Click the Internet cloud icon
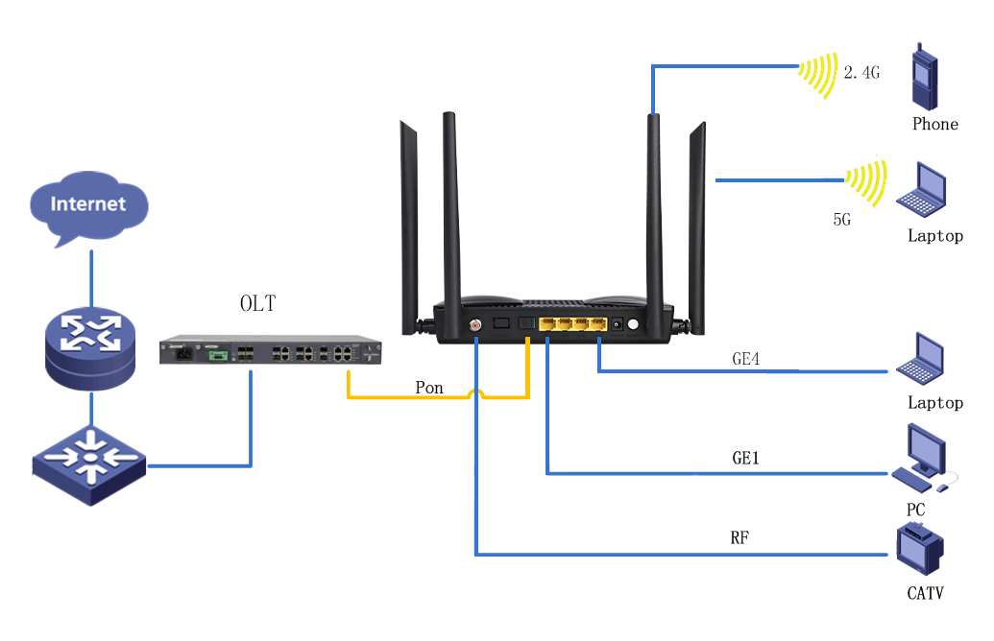coord(89,204)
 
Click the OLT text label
coord(257,304)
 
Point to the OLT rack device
coord(271,352)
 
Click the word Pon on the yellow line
coord(429,388)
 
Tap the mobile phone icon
coord(924,78)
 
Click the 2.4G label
coord(861,72)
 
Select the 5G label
coord(841,220)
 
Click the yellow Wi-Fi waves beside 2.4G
coord(819,74)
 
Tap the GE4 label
coord(745,360)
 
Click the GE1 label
coord(745,459)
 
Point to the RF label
coord(739,537)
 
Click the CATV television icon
coord(919,551)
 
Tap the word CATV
coord(925,593)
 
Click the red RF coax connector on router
coord(474,325)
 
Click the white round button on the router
coord(633,324)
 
